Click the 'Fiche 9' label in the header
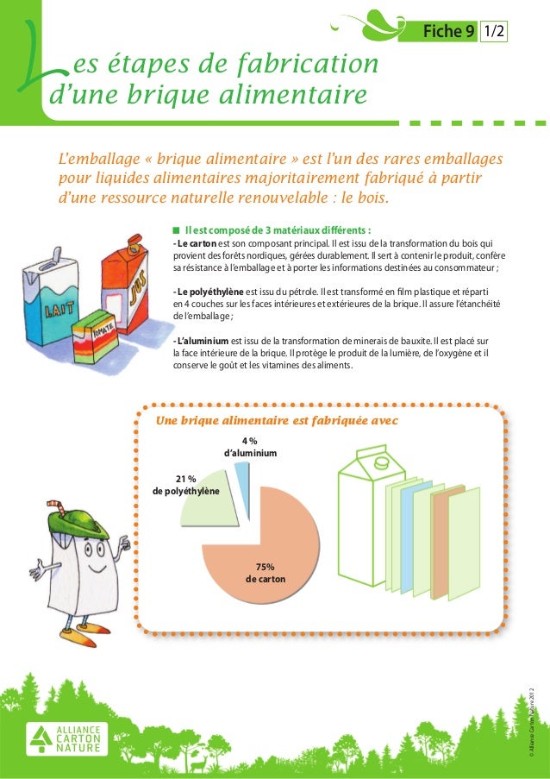[x=449, y=31]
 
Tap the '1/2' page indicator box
[x=494, y=31]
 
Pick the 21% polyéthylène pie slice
[x=209, y=499]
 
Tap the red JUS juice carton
[x=126, y=283]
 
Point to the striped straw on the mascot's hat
[x=57, y=508]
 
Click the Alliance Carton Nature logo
[x=66, y=738]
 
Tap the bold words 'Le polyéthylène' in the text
[x=208, y=292]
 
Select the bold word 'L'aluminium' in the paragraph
[x=201, y=341]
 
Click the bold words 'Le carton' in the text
[x=195, y=243]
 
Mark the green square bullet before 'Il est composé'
[x=176, y=230]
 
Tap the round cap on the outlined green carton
[x=382, y=462]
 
